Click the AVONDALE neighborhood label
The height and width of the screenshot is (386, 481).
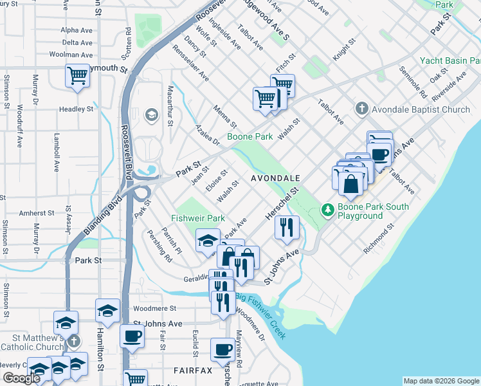point(276,177)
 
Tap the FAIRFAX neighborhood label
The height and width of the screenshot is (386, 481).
point(192,371)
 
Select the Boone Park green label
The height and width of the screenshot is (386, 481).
point(250,136)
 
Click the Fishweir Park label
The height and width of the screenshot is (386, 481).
point(198,218)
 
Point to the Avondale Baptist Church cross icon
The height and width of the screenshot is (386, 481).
point(362,109)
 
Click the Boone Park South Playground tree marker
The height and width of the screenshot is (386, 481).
point(327,210)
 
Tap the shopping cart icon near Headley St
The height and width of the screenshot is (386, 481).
point(77,75)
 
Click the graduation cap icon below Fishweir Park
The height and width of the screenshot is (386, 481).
point(207,241)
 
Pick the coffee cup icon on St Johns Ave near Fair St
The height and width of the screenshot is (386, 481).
point(132,335)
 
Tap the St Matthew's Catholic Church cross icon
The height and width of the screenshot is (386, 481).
point(75,340)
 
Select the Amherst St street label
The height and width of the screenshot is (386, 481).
point(37,212)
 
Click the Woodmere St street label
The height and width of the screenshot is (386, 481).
point(155,309)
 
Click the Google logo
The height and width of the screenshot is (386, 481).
point(21,378)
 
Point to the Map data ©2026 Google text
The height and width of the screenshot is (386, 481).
point(440,381)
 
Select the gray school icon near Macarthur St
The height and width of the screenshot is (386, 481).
point(152,115)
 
